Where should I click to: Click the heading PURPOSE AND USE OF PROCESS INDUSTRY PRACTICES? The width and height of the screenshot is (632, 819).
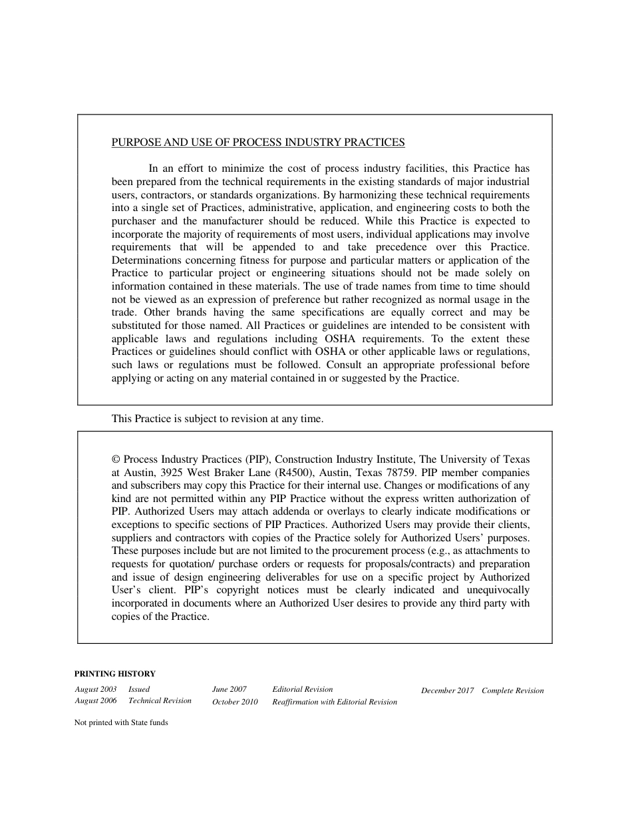tap(257, 142)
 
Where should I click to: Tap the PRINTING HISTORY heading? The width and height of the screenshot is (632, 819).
tap(114, 673)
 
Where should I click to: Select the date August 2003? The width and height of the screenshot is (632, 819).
tap(96, 689)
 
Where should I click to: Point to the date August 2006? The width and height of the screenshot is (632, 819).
tap(96, 700)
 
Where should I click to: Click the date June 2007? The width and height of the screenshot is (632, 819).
tap(230, 689)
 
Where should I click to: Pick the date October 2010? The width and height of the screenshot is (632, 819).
tap(235, 702)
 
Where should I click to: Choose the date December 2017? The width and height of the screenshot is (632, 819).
tap(447, 690)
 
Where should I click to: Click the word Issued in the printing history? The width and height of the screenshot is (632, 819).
tap(139, 689)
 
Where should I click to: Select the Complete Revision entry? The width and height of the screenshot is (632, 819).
tap(512, 690)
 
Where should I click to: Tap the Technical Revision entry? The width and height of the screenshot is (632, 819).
tap(160, 700)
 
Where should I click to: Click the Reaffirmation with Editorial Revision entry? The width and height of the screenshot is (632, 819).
tap(335, 702)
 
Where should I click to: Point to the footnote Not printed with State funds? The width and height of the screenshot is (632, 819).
tap(121, 722)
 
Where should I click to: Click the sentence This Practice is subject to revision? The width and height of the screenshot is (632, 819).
tap(217, 419)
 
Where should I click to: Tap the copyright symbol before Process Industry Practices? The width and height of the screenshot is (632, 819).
tap(116, 459)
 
